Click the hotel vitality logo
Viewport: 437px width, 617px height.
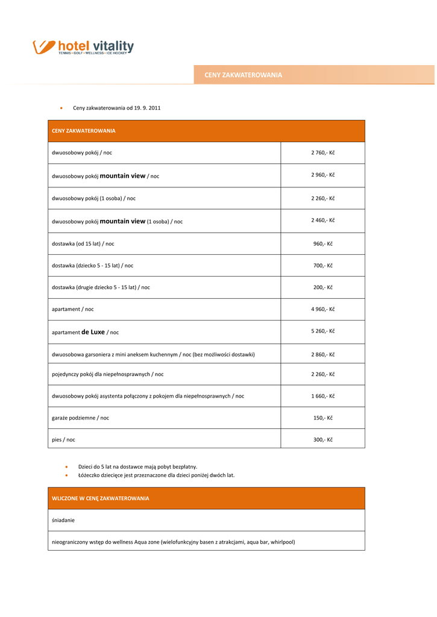pos(83,47)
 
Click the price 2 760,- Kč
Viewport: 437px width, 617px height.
pos(322,152)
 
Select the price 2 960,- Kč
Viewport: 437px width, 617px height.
pos(322,175)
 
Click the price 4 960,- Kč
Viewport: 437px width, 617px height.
pos(322,309)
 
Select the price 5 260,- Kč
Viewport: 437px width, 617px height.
pos(322,331)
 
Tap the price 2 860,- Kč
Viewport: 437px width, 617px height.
pos(322,354)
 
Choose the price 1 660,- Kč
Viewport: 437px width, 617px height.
pos(322,396)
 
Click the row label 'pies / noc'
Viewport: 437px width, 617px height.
pos(63,440)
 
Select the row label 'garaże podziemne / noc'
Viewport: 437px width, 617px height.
pos(80,418)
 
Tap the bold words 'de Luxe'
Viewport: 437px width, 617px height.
pos(93,331)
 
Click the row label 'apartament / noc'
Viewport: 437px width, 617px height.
pos(72,309)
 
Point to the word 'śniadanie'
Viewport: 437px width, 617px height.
pos(63,519)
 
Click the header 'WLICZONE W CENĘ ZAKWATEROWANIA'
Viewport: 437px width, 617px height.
pos(100,498)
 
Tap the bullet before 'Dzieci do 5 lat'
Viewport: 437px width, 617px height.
pos(66,466)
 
